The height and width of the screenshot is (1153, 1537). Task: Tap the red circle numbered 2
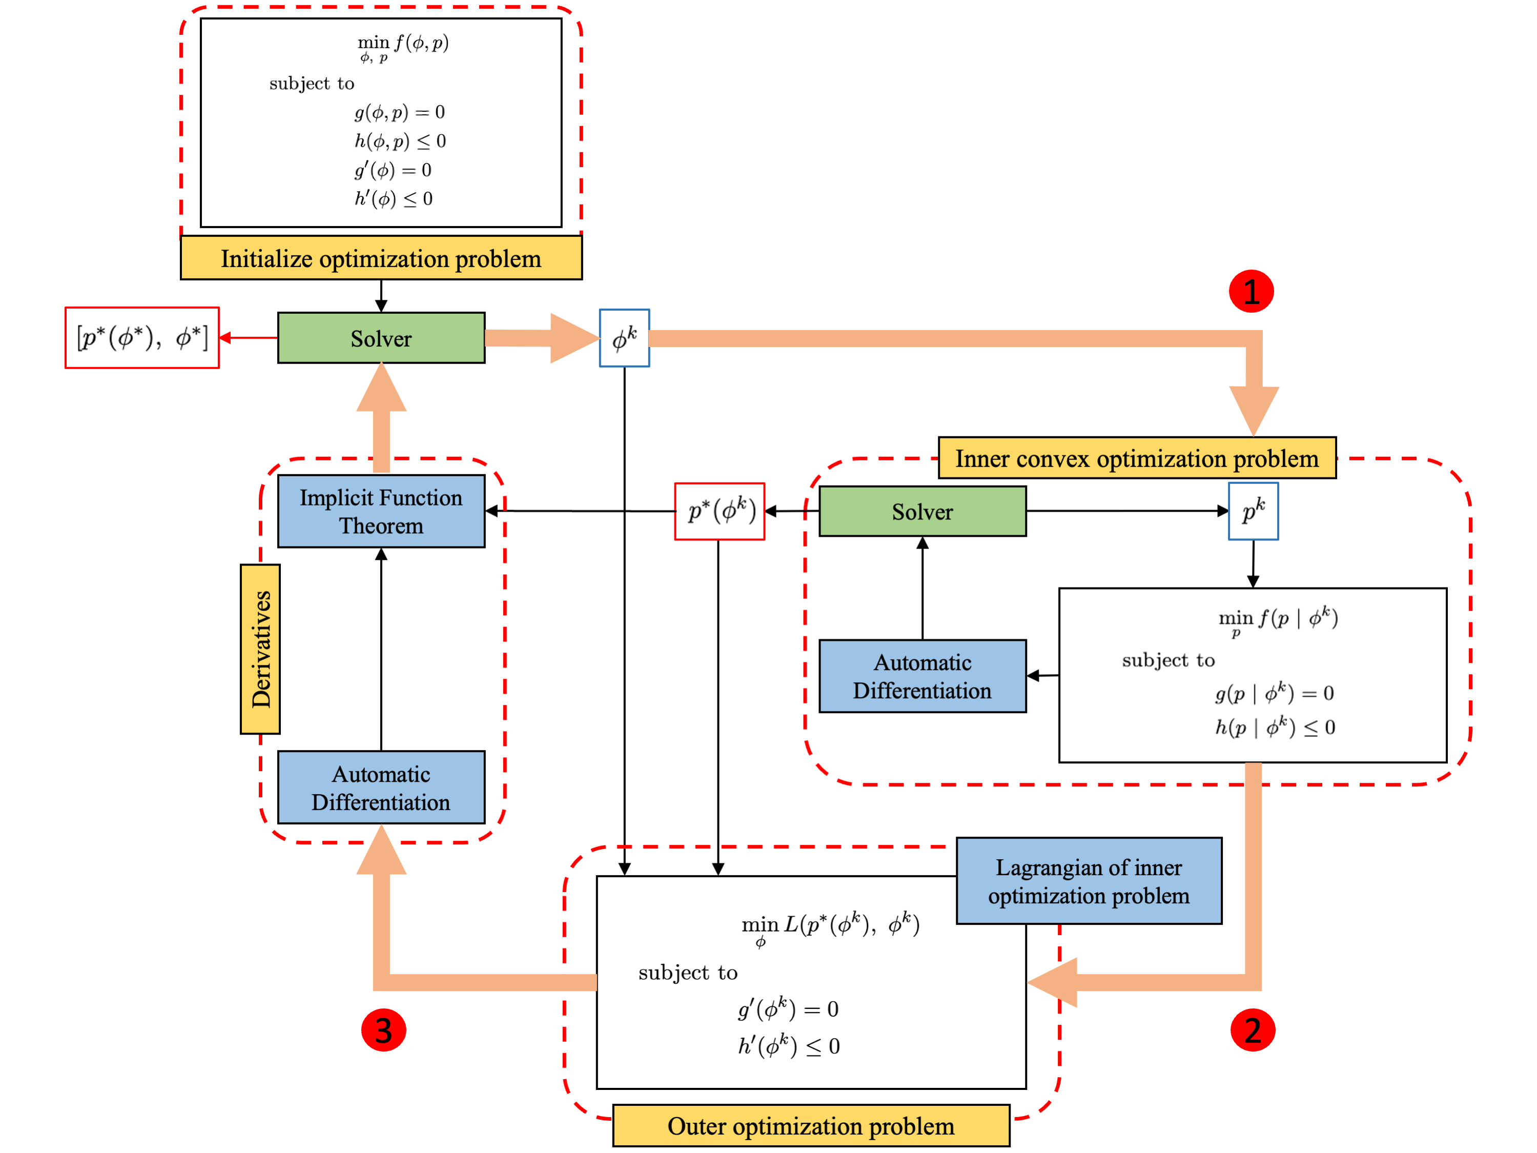point(1252,1030)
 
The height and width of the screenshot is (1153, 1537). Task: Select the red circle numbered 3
point(383,1030)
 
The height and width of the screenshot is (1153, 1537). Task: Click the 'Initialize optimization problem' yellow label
point(381,258)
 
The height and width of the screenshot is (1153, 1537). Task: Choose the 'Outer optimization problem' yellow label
point(811,1125)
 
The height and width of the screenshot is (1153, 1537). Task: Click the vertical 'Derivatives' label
point(260,649)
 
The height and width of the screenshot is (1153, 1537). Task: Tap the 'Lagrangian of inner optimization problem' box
point(1089,881)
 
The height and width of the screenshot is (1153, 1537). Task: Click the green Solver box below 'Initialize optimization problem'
point(381,338)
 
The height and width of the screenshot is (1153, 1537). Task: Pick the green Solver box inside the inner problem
point(922,512)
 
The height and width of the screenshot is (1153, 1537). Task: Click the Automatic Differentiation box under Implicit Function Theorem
point(381,787)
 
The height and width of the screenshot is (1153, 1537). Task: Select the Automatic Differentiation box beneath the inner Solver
point(922,676)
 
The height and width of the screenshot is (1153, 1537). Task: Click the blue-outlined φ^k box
point(624,338)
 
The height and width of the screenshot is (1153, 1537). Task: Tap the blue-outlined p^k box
point(1253,512)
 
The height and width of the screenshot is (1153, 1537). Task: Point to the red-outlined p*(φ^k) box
point(720,512)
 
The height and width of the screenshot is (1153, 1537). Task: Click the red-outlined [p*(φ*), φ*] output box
point(142,338)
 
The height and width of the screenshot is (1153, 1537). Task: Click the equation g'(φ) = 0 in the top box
point(393,170)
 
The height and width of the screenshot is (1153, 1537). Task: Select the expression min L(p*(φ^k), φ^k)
point(830,926)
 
